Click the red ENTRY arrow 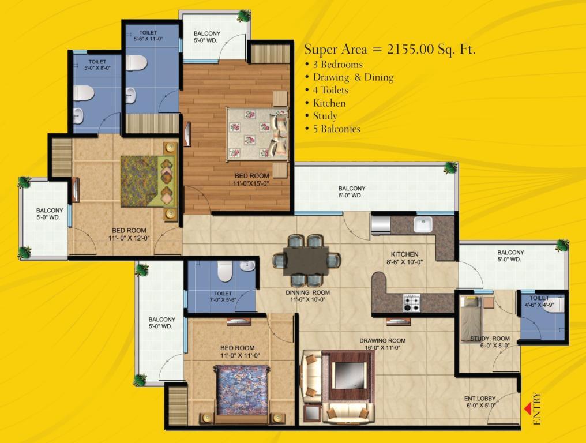point(528,409)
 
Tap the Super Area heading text point(390,50)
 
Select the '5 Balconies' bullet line point(333,129)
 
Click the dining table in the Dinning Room point(306,261)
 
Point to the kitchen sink point(423,225)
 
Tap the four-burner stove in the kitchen point(411,303)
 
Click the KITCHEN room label point(404,254)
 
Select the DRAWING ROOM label point(382,340)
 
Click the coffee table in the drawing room point(347,376)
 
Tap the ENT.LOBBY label point(480,399)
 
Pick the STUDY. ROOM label point(490,339)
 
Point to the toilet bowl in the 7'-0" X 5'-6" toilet point(225,271)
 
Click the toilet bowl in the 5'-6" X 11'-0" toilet point(136,62)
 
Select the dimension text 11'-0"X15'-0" point(251,183)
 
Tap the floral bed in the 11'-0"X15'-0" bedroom point(258,134)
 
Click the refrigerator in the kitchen point(381,224)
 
